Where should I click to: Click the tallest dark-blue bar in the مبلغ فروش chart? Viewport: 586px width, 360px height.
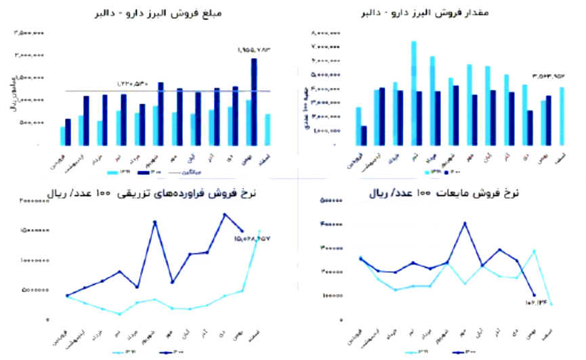tap(254, 102)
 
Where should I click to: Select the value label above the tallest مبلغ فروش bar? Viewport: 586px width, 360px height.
tap(254, 49)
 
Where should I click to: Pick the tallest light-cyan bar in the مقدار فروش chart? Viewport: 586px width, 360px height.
tap(414, 93)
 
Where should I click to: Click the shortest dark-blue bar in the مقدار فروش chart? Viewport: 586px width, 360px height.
tap(364, 135)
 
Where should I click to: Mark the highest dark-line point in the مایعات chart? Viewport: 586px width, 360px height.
tap(464, 223)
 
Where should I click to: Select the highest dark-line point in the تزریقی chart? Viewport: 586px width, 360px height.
tap(225, 214)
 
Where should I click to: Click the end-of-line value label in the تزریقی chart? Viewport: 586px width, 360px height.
tap(248, 238)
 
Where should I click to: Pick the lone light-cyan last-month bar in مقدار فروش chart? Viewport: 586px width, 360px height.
tap(562, 116)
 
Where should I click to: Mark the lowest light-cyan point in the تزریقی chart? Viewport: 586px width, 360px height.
tap(119, 314)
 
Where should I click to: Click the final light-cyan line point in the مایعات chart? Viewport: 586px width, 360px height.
tap(552, 304)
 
